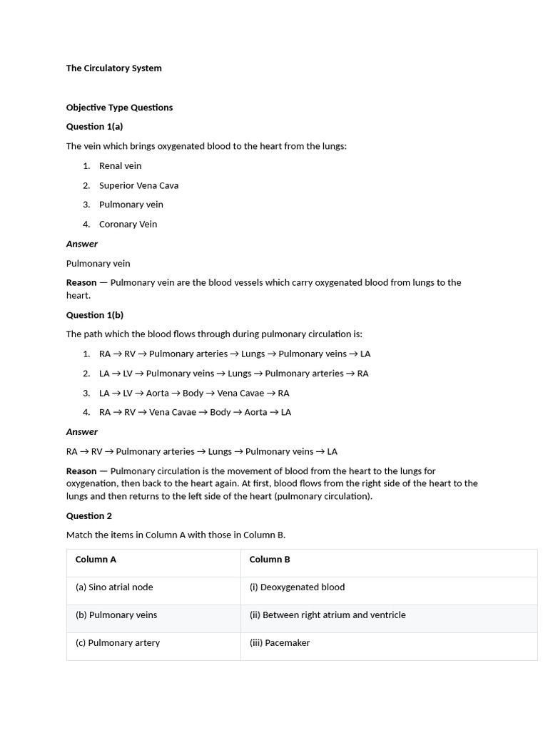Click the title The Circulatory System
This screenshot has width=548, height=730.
pyautogui.click(x=114, y=68)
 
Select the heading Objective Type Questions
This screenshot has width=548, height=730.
pyautogui.click(x=119, y=108)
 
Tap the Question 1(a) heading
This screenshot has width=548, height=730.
pyautogui.click(x=94, y=127)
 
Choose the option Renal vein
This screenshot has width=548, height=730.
pyautogui.click(x=120, y=166)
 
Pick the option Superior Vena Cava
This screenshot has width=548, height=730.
pyautogui.click(x=138, y=185)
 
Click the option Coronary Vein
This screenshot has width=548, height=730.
pyautogui.click(x=128, y=224)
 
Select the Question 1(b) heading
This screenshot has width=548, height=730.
pyautogui.click(x=95, y=315)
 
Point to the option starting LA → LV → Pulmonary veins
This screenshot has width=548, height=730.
pyautogui.click(x=233, y=374)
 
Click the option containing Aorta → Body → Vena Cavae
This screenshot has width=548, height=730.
pyautogui.click(x=194, y=393)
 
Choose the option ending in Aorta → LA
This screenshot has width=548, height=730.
pyautogui.click(x=195, y=412)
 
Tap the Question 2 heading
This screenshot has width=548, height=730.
pyautogui.click(x=89, y=516)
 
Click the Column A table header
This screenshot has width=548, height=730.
pyautogui.click(x=96, y=560)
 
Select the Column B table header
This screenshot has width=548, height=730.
pyautogui.click(x=270, y=560)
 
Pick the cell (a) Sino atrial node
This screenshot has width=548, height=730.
pyautogui.click(x=114, y=587)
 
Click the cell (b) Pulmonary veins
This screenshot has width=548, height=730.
pyautogui.click(x=116, y=615)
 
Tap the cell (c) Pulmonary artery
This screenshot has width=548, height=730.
pyautogui.click(x=118, y=643)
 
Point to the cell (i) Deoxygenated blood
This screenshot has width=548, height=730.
pyautogui.click(x=297, y=587)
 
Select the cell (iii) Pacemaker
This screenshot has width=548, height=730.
pyautogui.click(x=280, y=643)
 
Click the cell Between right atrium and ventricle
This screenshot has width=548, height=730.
pyautogui.click(x=328, y=615)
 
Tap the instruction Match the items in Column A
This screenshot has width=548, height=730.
pyautogui.click(x=176, y=535)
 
